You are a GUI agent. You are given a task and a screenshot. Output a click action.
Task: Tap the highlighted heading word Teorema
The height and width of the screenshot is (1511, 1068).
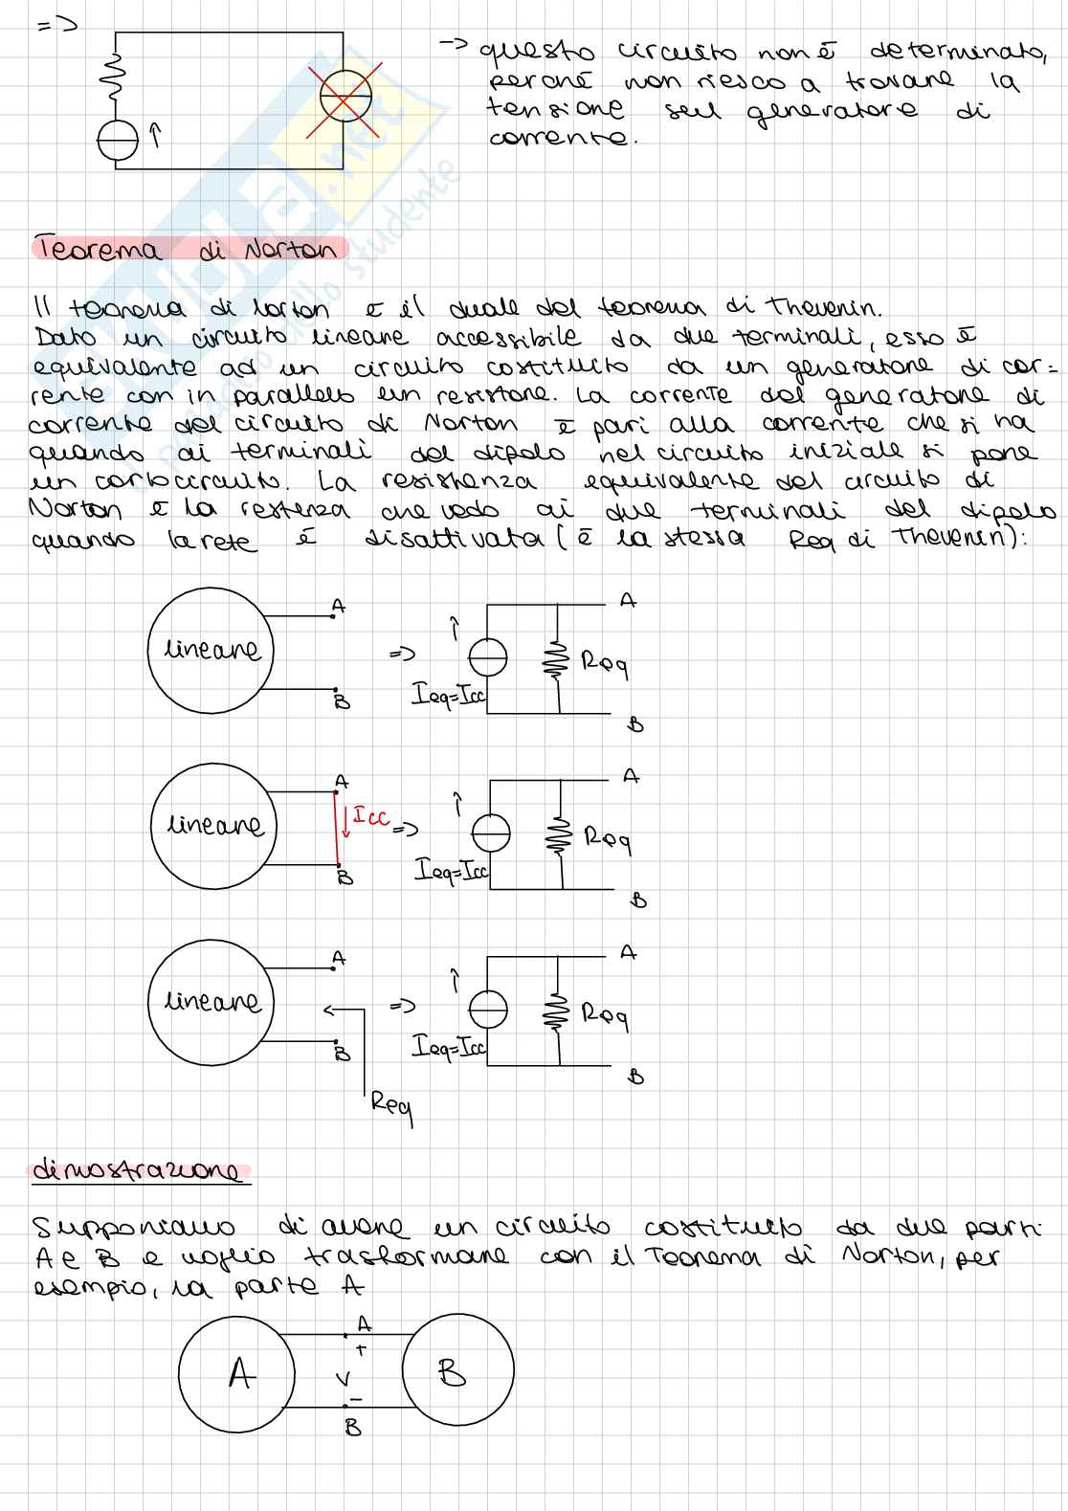coord(98,250)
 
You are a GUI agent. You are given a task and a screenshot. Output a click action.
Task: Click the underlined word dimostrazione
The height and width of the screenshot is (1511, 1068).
coord(141,1170)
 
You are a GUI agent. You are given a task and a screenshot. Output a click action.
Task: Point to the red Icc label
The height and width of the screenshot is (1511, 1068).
coord(371,816)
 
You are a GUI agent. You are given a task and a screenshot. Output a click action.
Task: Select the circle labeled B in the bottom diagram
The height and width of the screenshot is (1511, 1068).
coord(457,1374)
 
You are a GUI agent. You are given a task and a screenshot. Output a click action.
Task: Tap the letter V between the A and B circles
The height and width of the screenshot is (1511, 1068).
coord(342,1379)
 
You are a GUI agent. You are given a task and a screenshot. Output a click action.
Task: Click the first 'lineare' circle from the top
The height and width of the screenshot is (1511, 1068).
coord(211,650)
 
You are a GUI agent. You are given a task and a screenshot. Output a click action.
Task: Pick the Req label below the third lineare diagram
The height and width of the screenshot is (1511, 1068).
coord(391,1107)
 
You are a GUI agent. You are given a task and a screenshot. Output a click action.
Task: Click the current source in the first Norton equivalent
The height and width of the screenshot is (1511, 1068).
coord(488,657)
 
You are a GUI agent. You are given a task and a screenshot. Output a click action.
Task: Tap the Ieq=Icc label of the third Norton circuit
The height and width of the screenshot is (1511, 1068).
coord(449,1047)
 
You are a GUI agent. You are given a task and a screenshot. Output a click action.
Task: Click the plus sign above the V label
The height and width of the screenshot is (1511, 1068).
coord(361,1349)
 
